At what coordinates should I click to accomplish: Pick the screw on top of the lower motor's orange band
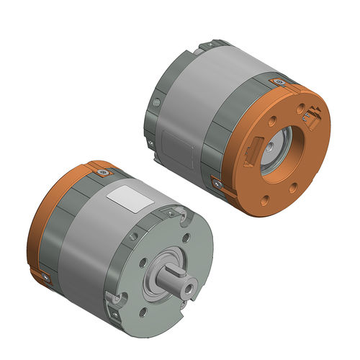pos(104,173)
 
